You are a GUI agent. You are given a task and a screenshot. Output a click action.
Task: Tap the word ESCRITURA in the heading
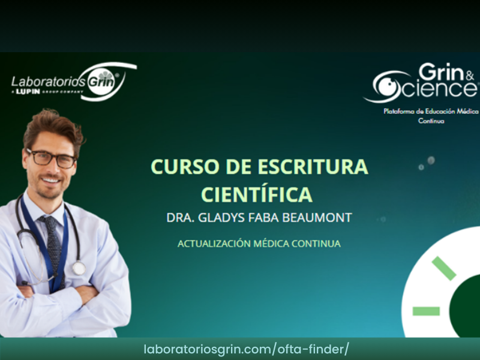313,167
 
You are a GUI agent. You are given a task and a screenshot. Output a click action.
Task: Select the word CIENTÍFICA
257,194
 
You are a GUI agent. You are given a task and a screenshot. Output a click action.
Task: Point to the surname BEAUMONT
317,218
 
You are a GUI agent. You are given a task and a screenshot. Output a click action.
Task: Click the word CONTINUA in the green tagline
316,244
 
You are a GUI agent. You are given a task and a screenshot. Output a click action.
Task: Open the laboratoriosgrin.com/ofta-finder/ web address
246,349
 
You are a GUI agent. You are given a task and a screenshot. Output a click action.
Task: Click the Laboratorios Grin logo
74,82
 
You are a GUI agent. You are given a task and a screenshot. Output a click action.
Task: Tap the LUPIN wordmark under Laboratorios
28,92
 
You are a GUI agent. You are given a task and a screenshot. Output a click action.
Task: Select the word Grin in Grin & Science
442,72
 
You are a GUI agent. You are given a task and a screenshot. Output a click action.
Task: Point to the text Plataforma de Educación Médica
431,111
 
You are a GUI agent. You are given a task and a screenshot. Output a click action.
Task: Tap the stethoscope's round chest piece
79,268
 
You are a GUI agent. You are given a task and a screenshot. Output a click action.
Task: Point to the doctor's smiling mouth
51,180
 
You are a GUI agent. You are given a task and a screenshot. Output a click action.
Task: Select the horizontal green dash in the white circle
426,311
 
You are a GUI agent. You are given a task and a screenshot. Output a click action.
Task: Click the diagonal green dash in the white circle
444,268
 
